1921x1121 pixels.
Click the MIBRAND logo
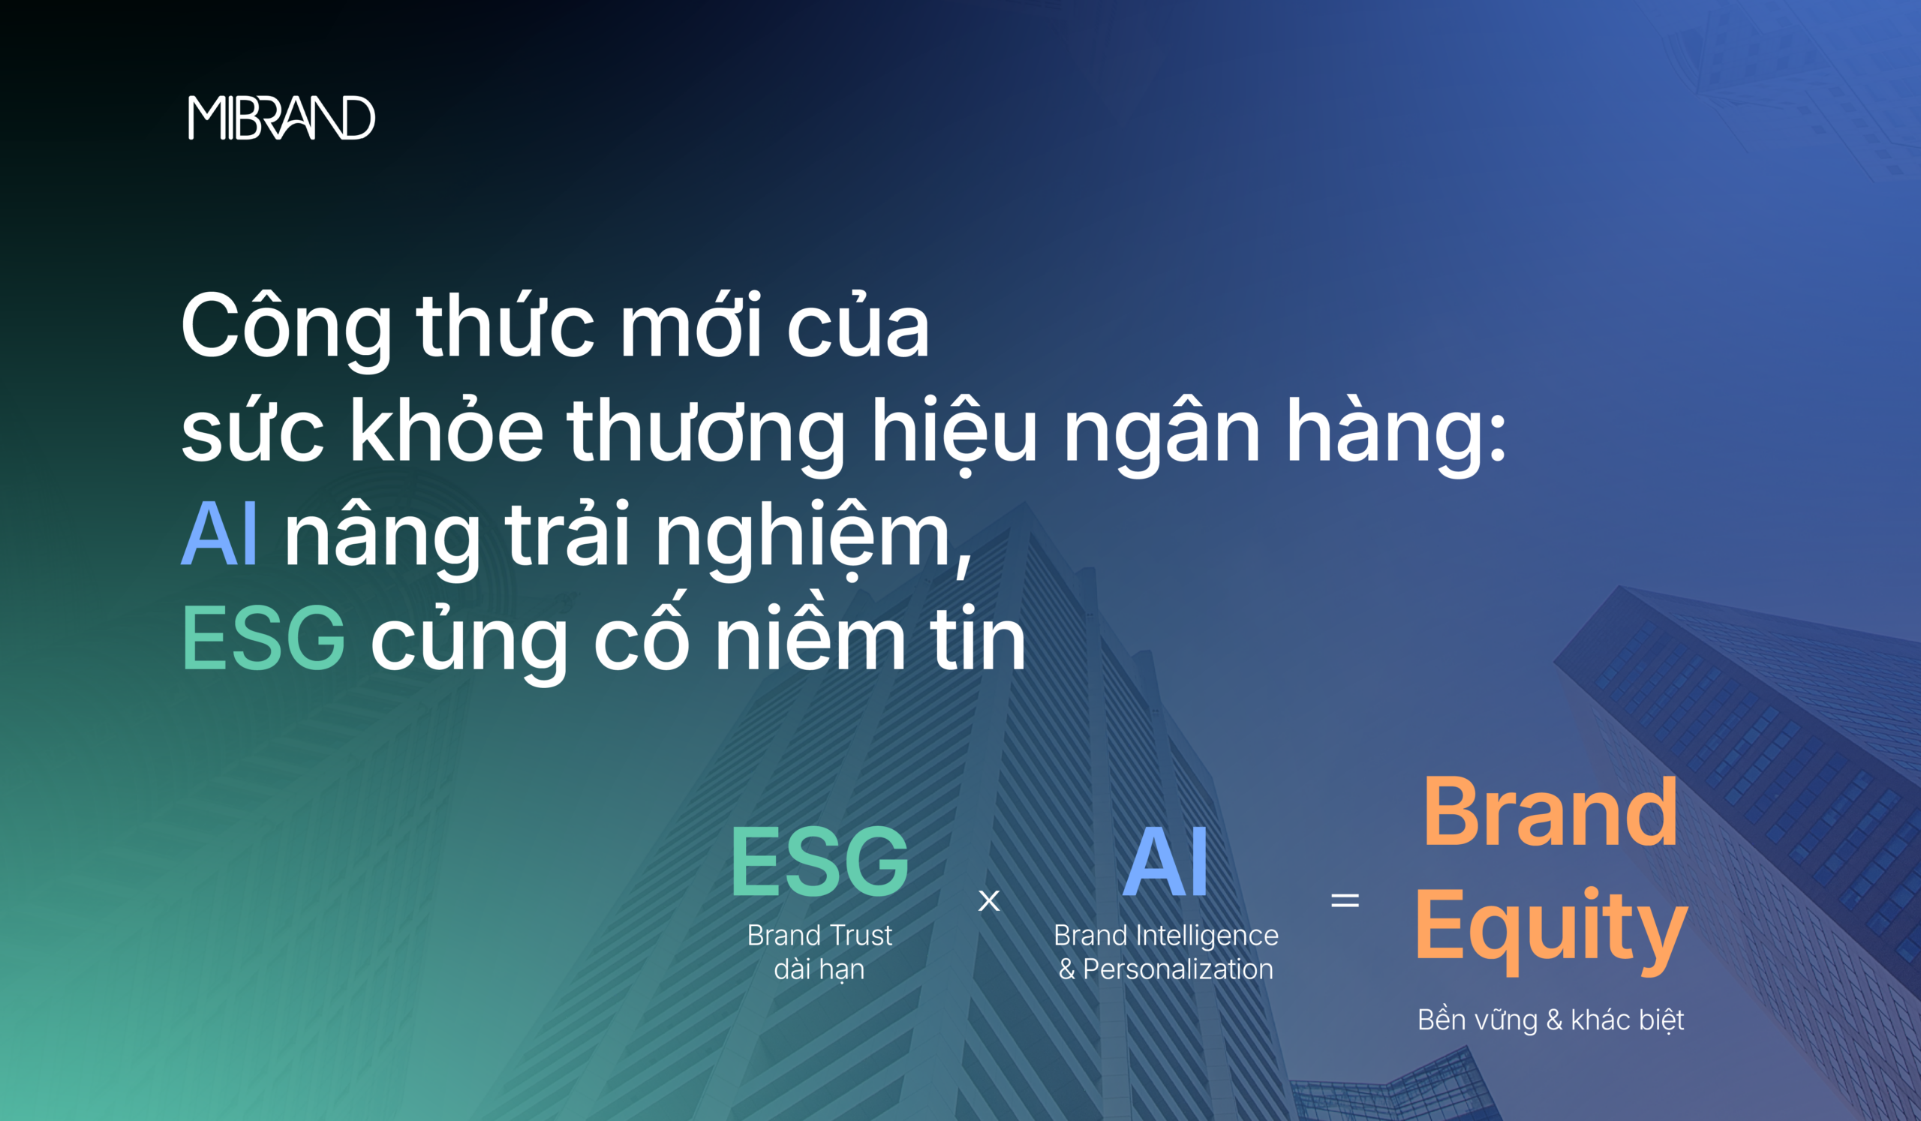[281, 117]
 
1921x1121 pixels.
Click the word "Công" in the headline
[287, 325]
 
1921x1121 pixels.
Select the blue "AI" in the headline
[220, 533]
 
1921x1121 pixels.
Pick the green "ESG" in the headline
[263, 638]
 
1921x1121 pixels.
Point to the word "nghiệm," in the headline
[813, 537]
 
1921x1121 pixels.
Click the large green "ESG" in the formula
[819, 862]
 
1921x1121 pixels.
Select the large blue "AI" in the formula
[1165, 862]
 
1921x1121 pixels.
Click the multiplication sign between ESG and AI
[989, 900]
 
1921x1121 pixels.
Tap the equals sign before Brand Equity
[1345, 900]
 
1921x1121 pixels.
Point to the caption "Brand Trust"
[819, 935]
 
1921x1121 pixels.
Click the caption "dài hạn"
[819, 969]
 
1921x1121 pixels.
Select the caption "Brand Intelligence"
[1165, 936]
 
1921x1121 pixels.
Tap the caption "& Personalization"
[1165, 969]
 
